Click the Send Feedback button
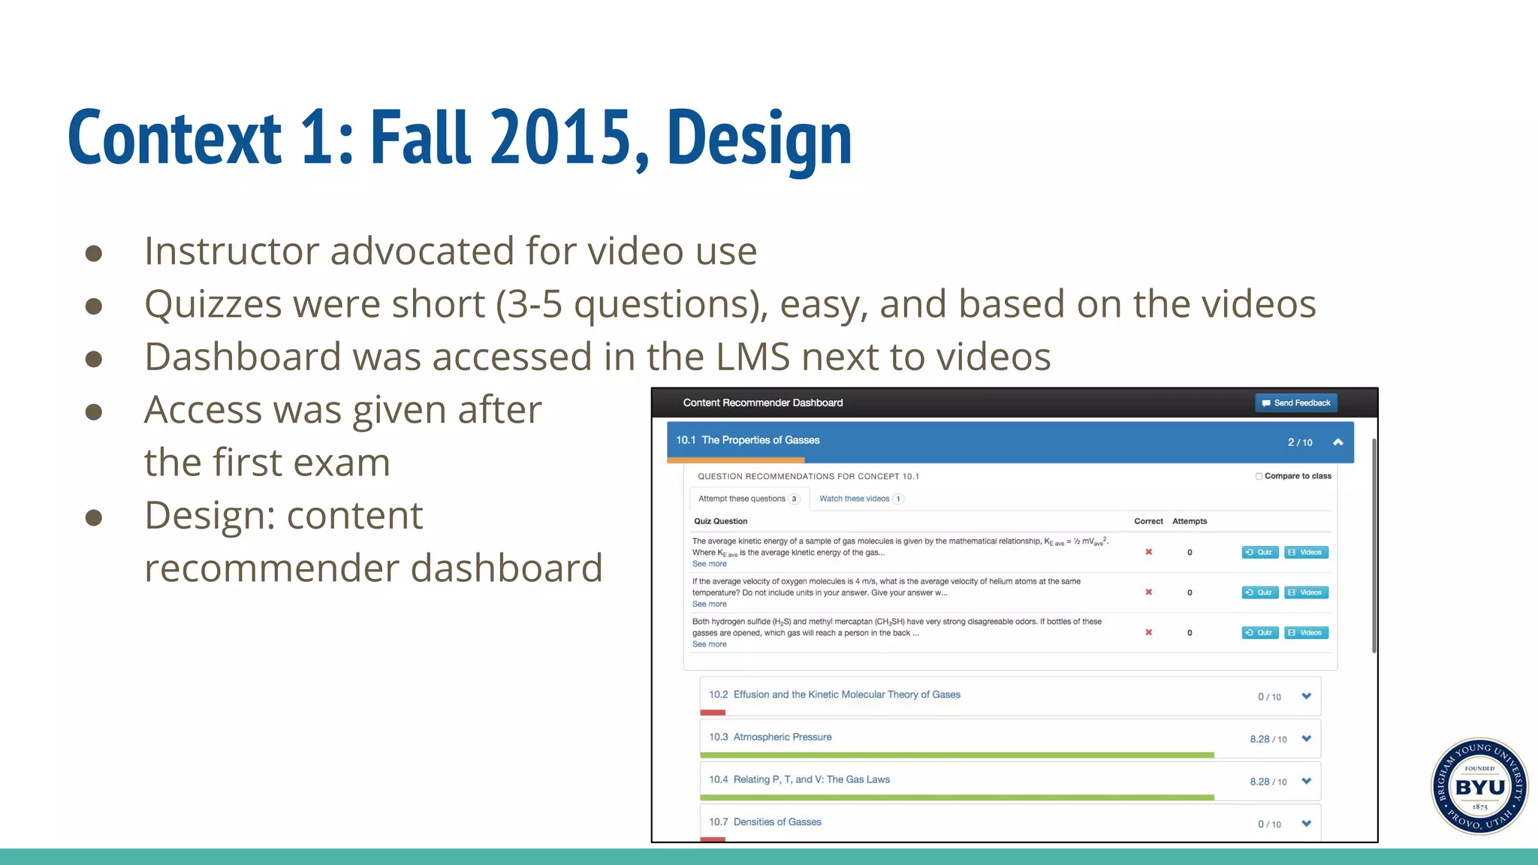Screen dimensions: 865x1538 coord(1295,403)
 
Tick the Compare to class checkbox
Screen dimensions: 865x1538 coord(1259,476)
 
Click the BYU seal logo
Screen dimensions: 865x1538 coord(1479,786)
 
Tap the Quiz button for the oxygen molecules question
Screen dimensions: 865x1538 coord(1259,592)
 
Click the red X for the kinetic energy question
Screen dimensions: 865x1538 coord(1148,552)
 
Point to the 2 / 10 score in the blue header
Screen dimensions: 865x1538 coord(1300,442)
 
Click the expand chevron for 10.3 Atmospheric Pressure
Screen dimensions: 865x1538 coord(1307,739)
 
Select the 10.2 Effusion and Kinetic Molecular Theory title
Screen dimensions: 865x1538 coord(834,695)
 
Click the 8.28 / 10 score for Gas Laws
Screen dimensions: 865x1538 coord(1268,782)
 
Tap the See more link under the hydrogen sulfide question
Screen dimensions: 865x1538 coord(709,644)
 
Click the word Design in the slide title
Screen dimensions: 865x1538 coord(759,138)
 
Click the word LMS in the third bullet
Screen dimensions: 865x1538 coord(752,357)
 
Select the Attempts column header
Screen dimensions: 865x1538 coord(1190,521)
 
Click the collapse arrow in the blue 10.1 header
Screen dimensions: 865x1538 coord(1337,442)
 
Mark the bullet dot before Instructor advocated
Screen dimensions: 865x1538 coord(94,253)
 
